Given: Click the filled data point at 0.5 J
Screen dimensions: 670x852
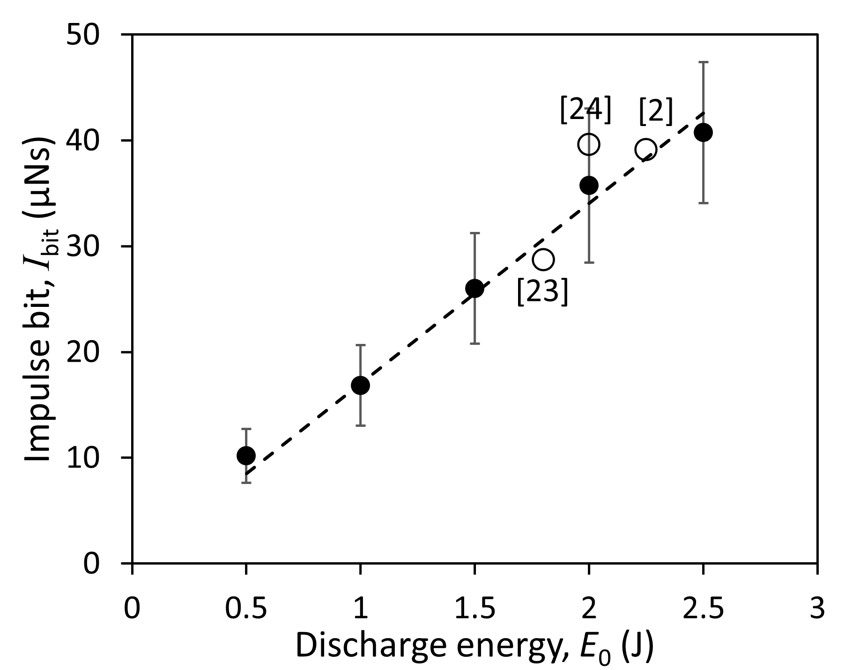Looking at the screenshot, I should tap(246, 455).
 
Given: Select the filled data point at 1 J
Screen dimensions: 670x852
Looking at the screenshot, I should tap(360, 385).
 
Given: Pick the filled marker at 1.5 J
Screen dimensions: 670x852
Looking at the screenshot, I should tap(474, 288).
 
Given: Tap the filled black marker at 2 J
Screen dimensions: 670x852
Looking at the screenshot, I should tap(589, 185).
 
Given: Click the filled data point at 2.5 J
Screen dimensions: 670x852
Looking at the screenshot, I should tap(703, 133).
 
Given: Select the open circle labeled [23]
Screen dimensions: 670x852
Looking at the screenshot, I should tap(543, 259).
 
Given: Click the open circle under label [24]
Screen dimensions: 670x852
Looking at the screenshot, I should tap(589, 144).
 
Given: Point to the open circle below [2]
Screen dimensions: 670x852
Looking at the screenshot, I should tap(645, 149).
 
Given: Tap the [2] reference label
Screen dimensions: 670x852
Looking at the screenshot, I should tap(656, 112).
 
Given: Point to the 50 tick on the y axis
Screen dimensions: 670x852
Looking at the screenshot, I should tap(89, 35).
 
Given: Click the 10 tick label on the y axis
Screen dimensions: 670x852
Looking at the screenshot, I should tap(89, 458).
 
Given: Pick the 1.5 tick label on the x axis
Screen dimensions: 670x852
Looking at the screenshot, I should tap(474, 609).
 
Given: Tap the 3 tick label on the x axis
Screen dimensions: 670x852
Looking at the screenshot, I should tap(817, 609).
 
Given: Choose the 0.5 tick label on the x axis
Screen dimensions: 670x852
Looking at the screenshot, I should tap(246, 609).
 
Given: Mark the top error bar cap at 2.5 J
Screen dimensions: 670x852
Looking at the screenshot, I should tap(703, 62).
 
